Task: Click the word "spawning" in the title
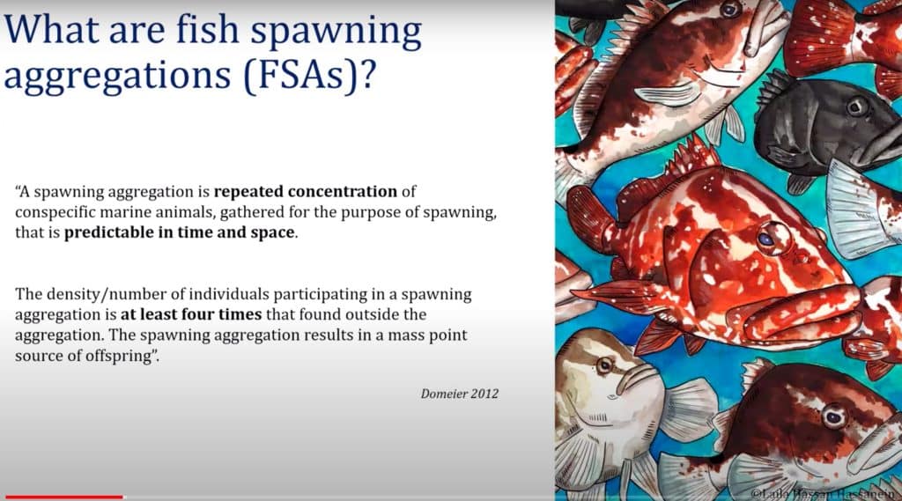pos(336,31)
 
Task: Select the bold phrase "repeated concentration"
pos(306,192)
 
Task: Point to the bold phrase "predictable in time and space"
pos(180,233)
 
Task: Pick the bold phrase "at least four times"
pos(191,314)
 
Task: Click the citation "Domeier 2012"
pos(460,394)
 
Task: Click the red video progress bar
pos(63,497)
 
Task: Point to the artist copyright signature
pos(825,494)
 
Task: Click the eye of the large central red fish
pos(767,239)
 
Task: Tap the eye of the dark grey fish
pos(857,107)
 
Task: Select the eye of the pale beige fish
pos(604,365)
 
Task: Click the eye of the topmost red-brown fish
pos(730,9)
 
